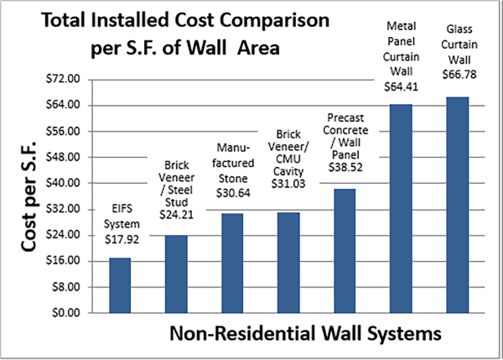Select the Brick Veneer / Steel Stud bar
176,274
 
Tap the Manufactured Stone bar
232,263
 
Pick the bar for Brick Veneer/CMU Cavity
288,262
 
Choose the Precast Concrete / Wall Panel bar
345,250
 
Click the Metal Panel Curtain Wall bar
401,208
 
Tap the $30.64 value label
232,192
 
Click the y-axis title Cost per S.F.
29,198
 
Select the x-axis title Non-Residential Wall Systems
305,334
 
